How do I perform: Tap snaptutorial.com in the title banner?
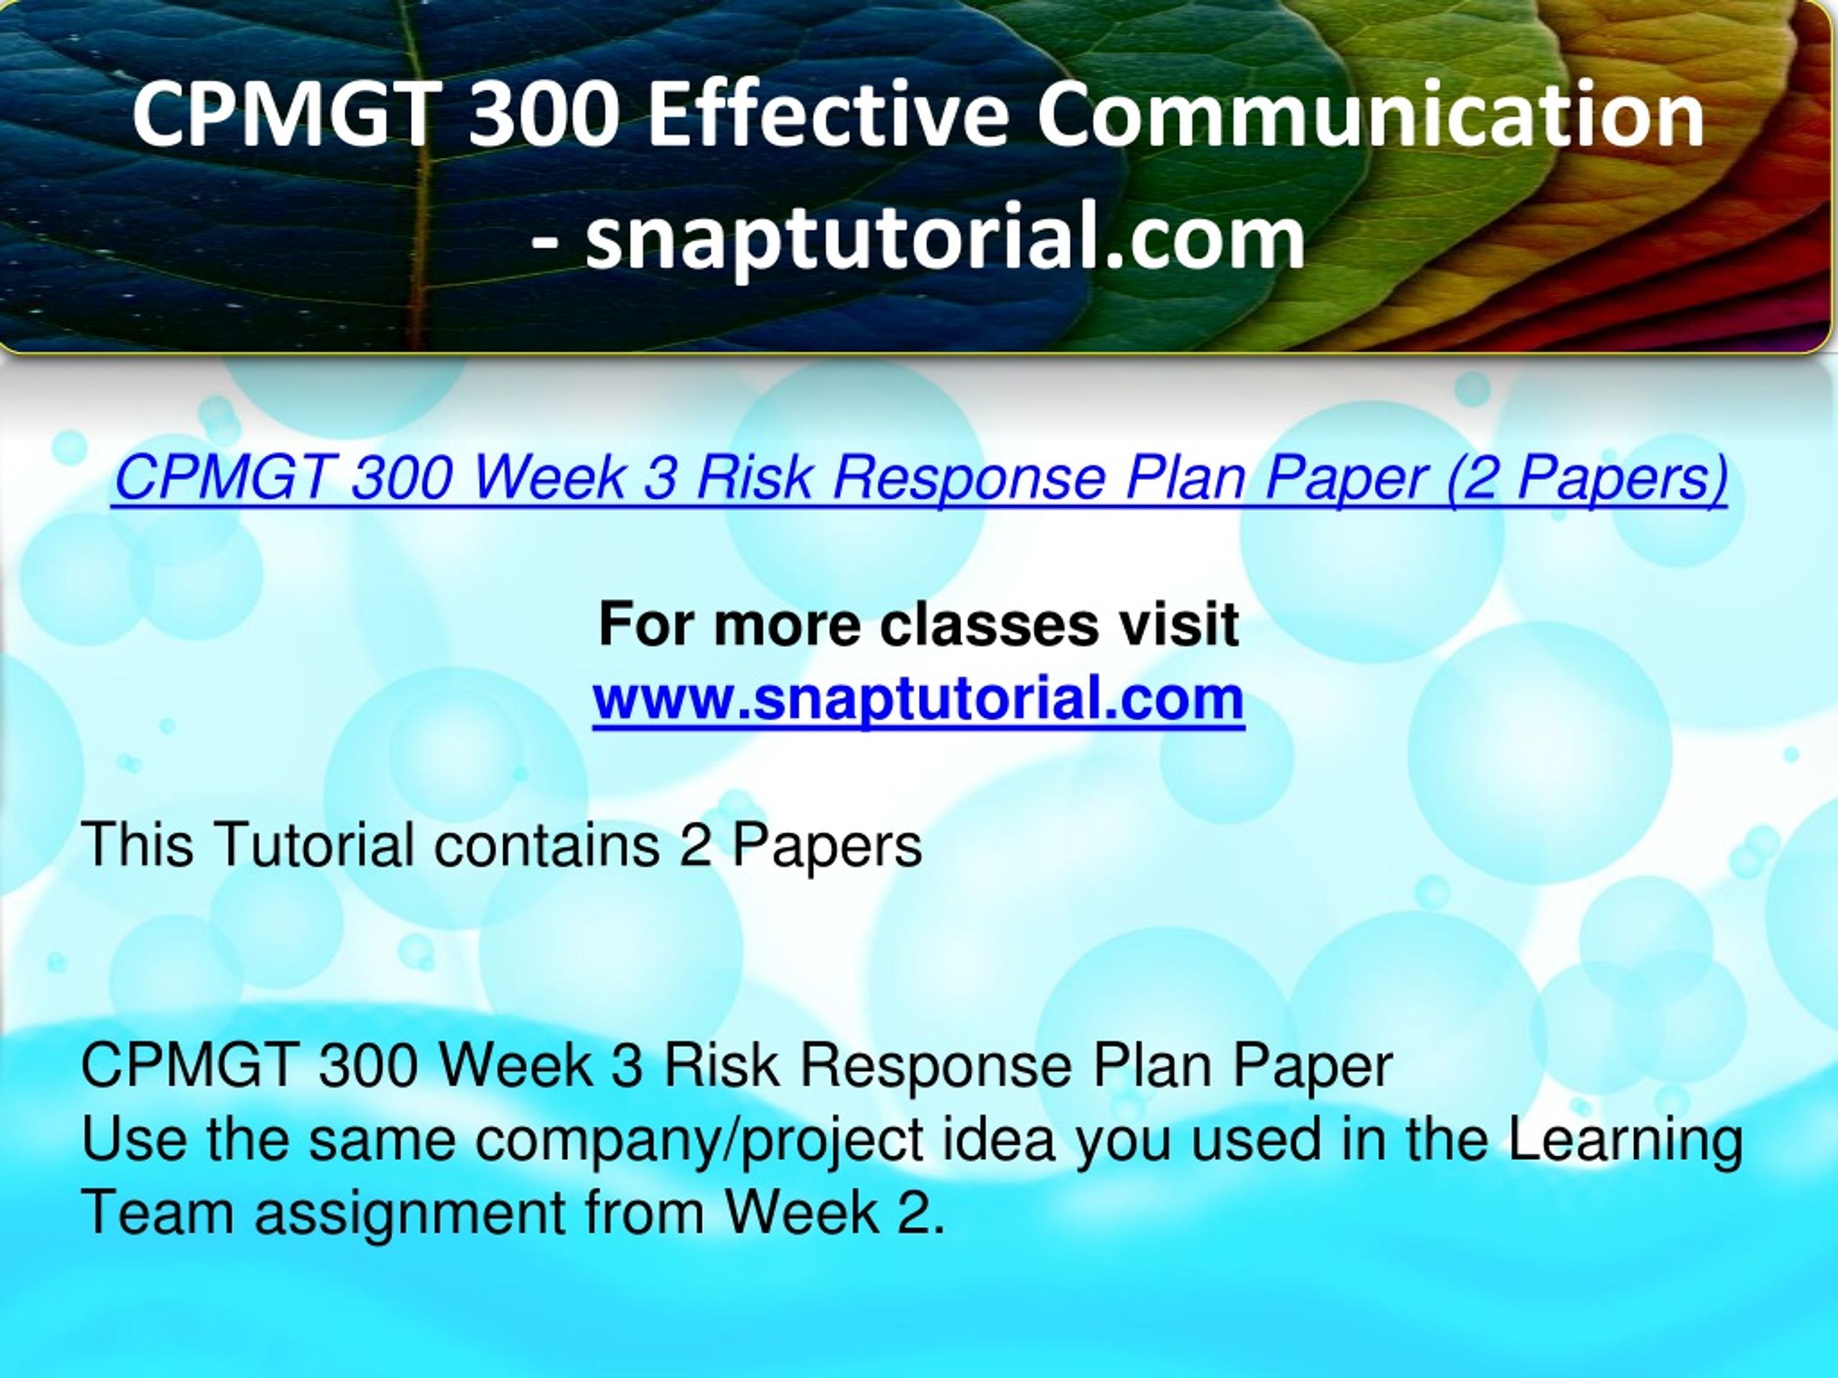pyautogui.click(x=945, y=238)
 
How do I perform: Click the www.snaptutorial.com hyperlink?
pyautogui.click(x=918, y=698)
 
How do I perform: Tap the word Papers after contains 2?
pyautogui.click(x=827, y=845)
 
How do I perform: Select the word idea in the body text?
pyautogui.click(x=999, y=1139)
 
